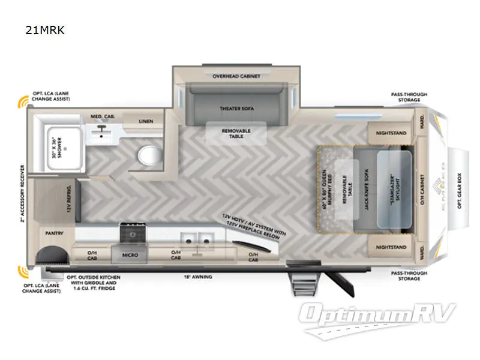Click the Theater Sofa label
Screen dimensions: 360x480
pos(236,108)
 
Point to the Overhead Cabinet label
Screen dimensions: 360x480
pos(236,76)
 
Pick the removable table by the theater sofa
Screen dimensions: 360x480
pos(236,134)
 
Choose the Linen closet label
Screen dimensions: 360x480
pos(146,121)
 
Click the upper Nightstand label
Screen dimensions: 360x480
pos(391,133)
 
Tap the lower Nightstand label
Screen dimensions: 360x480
pos(391,247)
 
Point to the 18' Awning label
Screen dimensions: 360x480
pos(196,277)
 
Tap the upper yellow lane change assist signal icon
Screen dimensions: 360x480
pos(24,101)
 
